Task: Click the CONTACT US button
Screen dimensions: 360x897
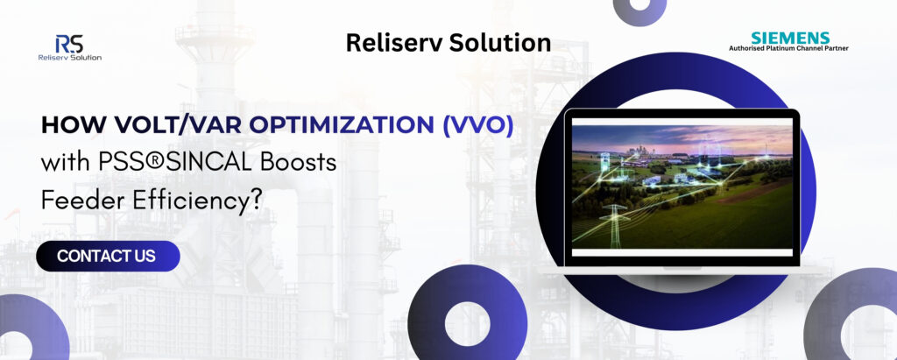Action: pyautogui.click(x=107, y=256)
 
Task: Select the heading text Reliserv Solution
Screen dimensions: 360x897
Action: pyautogui.click(x=448, y=42)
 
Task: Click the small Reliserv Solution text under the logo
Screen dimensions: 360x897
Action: pyautogui.click(x=70, y=58)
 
